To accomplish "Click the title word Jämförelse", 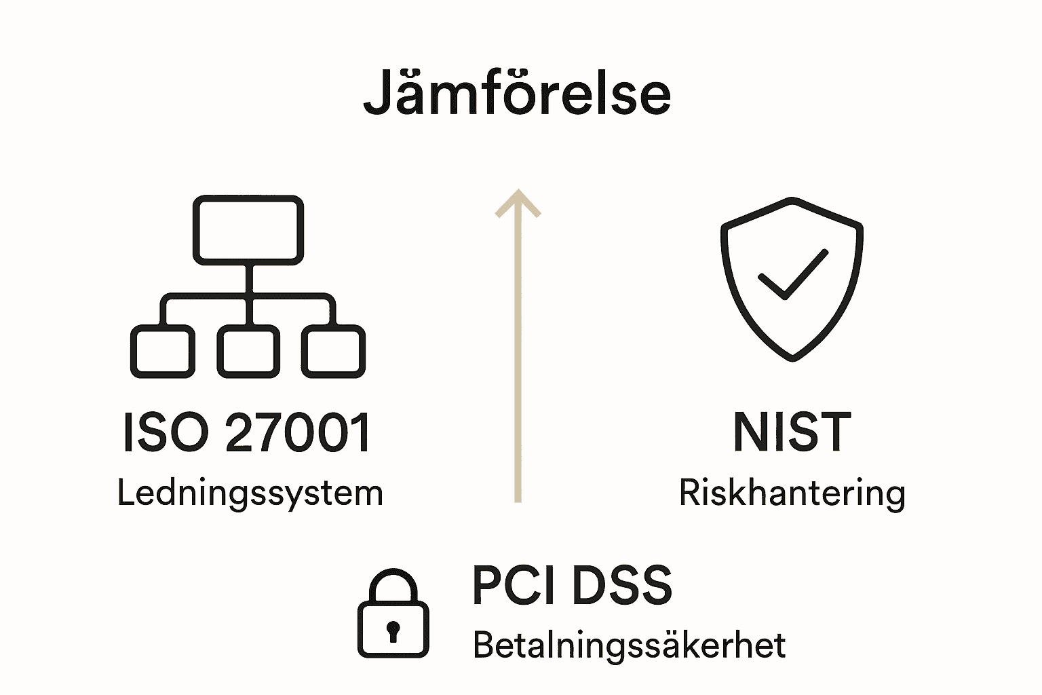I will pyautogui.click(x=517, y=94).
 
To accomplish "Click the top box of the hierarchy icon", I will pyautogui.click(x=248, y=229).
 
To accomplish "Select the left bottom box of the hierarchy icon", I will pyautogui.click(x=162, y=351).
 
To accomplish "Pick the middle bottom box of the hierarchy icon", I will pyautogui.click(x=248, y=351).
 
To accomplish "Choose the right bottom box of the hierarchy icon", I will pyautogui.click(x=333, y=351).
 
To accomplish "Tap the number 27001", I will pyautogui.click(x=298, y=432).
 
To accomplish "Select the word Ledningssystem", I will pyautogui.click(x=250, y=493).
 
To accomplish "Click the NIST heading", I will pyautogui.click(x=792, y=432).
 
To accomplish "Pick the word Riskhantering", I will pyautogui.click(x=792, y=493).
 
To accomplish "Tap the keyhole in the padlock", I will pyautogui.click(x=393, y=631).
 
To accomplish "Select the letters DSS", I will pyautogui.click(x=621, y=585).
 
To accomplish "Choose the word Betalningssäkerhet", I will pyautogui.click(x=629, y=645).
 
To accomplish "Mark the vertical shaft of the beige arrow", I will pyautogui.click(x=518, y=360).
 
